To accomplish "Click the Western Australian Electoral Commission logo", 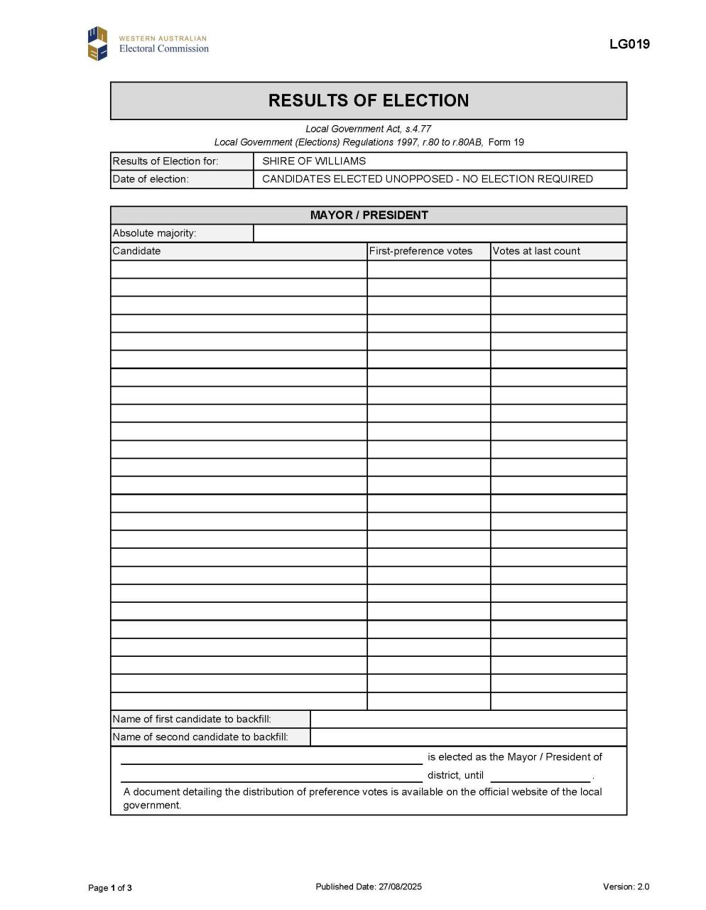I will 148,43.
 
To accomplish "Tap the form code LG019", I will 629,44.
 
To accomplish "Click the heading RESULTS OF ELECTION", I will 368,100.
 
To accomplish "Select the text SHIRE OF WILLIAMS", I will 314,161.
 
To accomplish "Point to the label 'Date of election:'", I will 151,179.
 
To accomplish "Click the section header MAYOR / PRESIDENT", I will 369,215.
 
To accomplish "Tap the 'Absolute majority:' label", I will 154,233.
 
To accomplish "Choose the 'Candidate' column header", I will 136,251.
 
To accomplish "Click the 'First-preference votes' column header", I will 420,251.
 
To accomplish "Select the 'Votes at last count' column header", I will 536,251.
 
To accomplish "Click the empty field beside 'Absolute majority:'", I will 440,233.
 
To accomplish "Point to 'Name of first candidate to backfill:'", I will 192,719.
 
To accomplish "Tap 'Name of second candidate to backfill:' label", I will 200,737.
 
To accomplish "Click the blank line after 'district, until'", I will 540,776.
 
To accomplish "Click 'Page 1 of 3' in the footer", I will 110,887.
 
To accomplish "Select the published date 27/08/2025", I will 400,887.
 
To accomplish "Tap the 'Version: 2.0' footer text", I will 626,887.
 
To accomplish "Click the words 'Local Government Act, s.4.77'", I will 368,129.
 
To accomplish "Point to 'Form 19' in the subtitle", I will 506,142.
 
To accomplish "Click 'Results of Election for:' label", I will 165,161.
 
